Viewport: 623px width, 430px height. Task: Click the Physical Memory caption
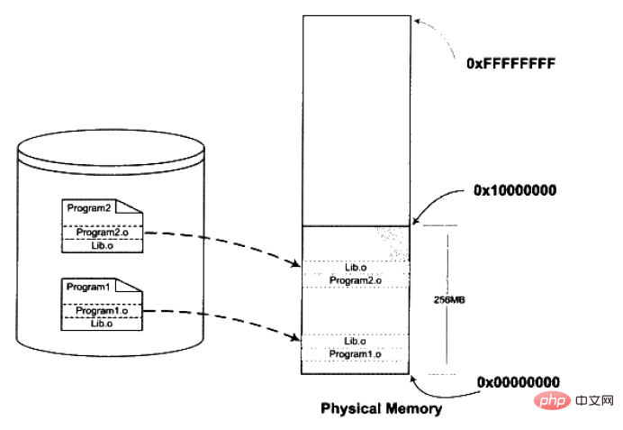click(382, 408)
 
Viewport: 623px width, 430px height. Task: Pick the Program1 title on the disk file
click(86, 287)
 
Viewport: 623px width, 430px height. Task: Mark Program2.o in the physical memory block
click(356, 281)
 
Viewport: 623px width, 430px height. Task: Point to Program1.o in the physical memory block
click(356, 354)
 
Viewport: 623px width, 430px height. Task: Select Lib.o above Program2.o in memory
click(356, 268)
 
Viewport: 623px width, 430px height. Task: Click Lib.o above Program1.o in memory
click(356, 341)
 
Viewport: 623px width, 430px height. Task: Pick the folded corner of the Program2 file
click(136, 206)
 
